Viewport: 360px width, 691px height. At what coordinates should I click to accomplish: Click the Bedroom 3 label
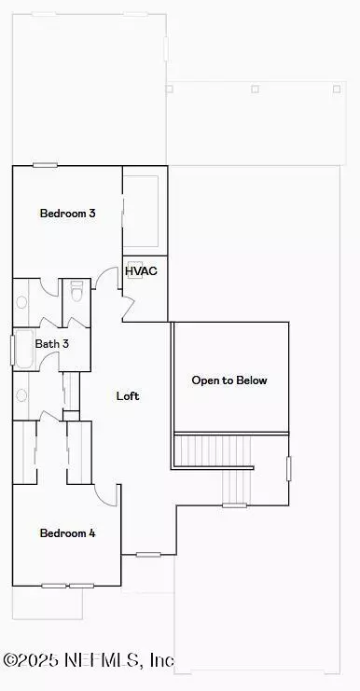pos(67,214)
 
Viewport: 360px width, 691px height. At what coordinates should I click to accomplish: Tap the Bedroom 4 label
pos(67,533)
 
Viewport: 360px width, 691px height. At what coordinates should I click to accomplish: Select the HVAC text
pos(141,271)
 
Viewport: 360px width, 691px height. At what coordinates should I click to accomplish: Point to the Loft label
pos(128,395)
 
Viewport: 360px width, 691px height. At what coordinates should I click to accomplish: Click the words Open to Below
pos(229,380)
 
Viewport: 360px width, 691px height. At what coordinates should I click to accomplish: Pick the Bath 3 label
pos(51,344)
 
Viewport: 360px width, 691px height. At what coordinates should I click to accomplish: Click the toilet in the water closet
pos(76,292)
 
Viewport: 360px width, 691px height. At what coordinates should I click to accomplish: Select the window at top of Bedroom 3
pos(45,165)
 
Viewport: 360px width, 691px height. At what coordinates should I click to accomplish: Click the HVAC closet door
pos(128,309)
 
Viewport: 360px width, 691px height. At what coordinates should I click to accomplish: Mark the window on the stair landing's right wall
pos(288,469)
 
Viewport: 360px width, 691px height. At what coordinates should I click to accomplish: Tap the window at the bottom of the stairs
pos(234,505)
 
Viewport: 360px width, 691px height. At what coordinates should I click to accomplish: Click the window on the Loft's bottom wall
pos(148,555)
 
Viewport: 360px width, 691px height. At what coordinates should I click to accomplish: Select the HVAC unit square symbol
pos(135,271)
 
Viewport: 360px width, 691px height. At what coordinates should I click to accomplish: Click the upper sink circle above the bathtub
pos(21,302)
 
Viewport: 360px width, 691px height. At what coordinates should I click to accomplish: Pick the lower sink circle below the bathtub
pos(21,395)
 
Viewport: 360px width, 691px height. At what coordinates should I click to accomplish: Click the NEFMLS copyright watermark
pos(88,660)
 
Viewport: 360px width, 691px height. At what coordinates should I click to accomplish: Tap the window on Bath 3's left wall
pos(12,350)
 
